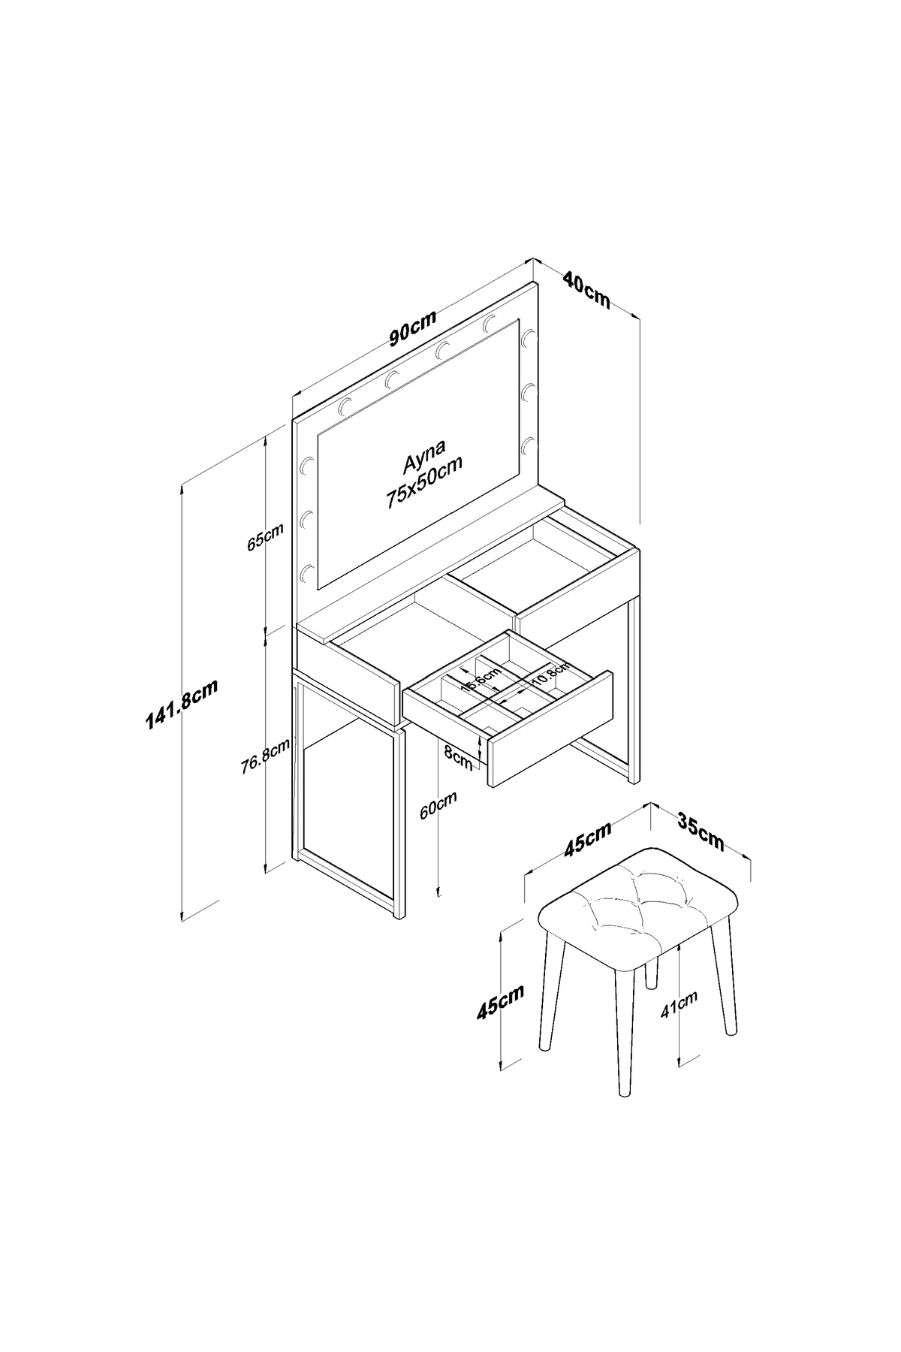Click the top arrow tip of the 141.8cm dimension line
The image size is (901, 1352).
(x=182, y=483)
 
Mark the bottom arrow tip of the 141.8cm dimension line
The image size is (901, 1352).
(x=182, y=920)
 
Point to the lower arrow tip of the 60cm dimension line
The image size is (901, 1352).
(x=438, y=897)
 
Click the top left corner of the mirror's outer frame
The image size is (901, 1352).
(x=292, y=421)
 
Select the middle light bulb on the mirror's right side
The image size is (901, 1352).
(x=529, y=391)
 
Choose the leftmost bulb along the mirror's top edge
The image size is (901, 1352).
(x=346, y=406)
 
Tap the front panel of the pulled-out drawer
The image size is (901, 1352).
(x=550, y=728)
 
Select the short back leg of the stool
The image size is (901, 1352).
(x=652, y=971)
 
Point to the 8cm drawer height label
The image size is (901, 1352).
(x=458, y=756)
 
